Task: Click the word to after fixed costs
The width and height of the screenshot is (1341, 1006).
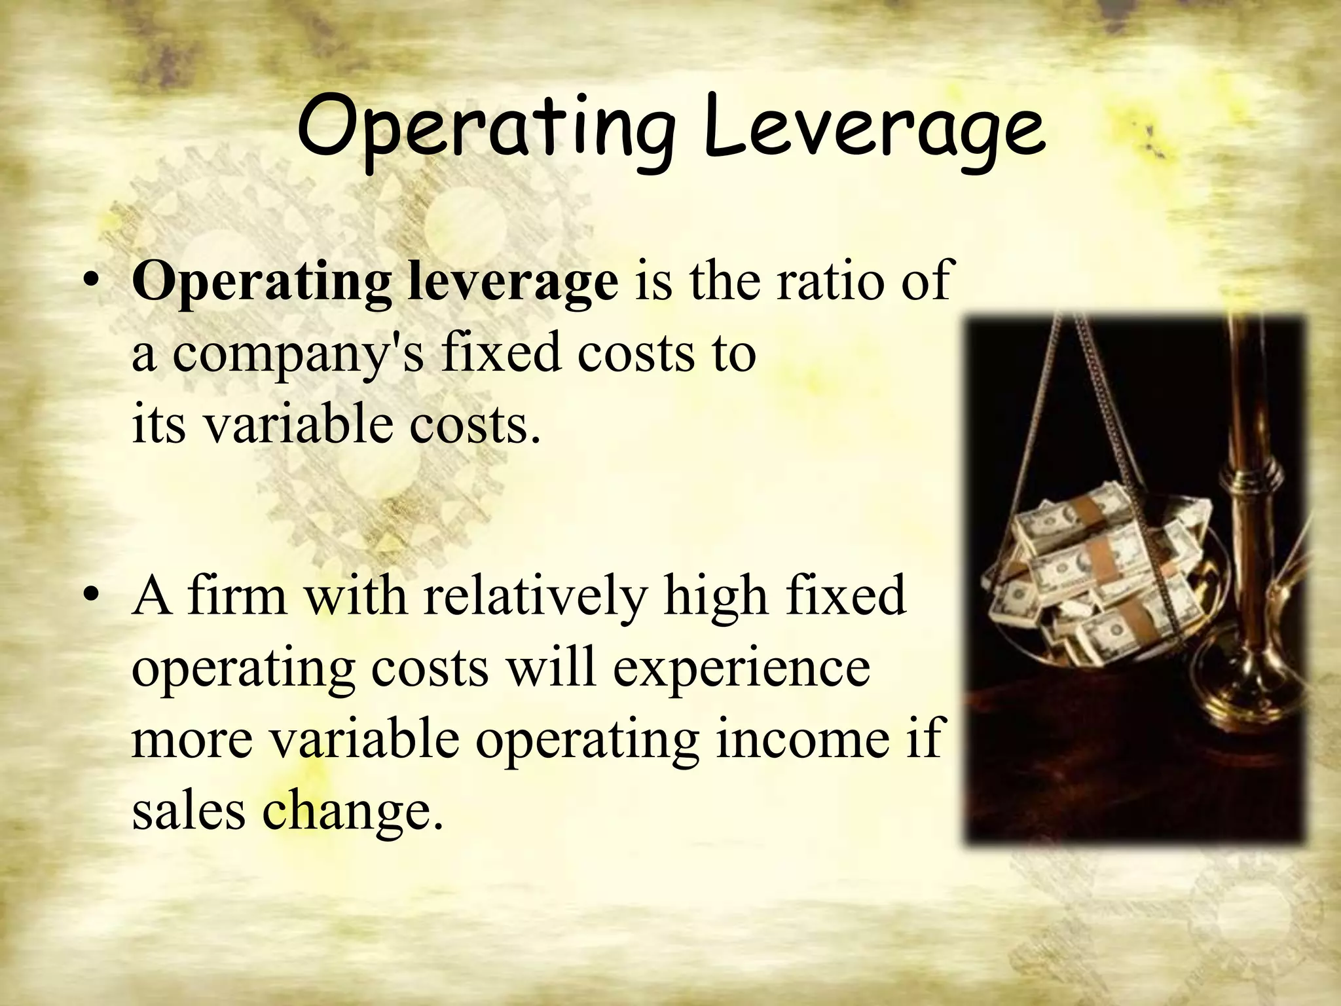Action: click(733, 354)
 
